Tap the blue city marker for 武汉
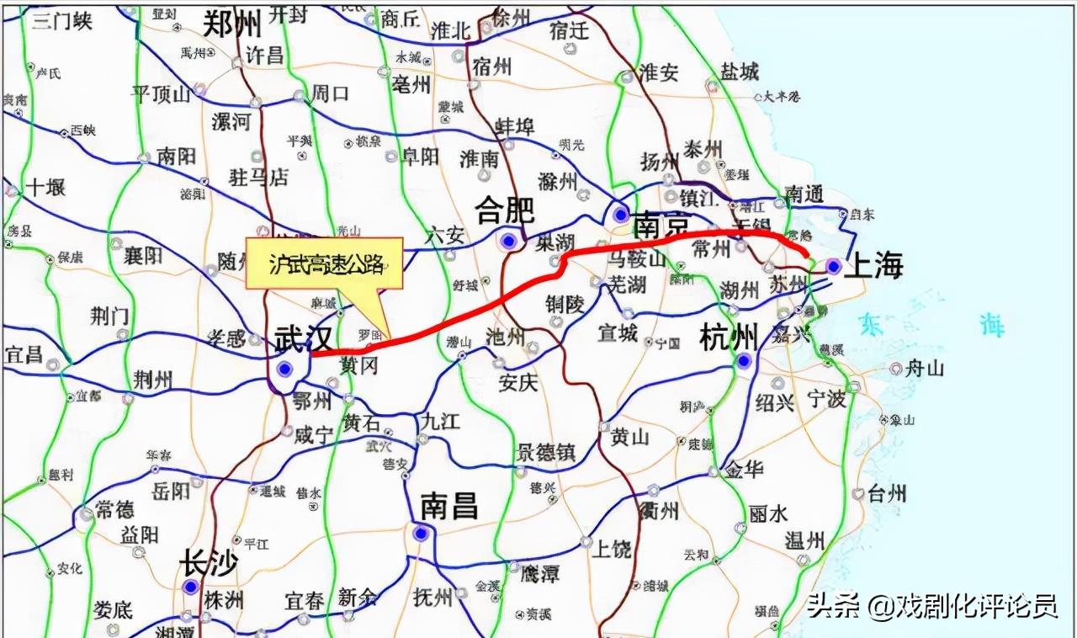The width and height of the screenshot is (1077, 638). (285, 368)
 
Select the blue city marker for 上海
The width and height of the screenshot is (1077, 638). (833, 266)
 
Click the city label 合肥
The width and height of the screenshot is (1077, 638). (505, 209)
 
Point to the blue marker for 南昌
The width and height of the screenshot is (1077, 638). (420, 533)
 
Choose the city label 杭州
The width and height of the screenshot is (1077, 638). (729, 338)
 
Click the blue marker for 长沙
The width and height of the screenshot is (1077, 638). (191, 587)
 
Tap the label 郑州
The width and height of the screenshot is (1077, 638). (232, 24)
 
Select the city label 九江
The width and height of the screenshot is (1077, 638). (440, 420)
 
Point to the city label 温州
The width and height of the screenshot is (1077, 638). (805, 540)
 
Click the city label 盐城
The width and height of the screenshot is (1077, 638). (739, 72)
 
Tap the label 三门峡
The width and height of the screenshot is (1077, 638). (61, 21)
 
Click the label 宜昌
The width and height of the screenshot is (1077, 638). (24, 354)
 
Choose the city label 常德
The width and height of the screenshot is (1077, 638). (114, 509)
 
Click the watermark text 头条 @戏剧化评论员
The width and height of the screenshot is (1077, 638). (931, 606)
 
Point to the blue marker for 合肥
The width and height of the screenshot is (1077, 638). (507, 242)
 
